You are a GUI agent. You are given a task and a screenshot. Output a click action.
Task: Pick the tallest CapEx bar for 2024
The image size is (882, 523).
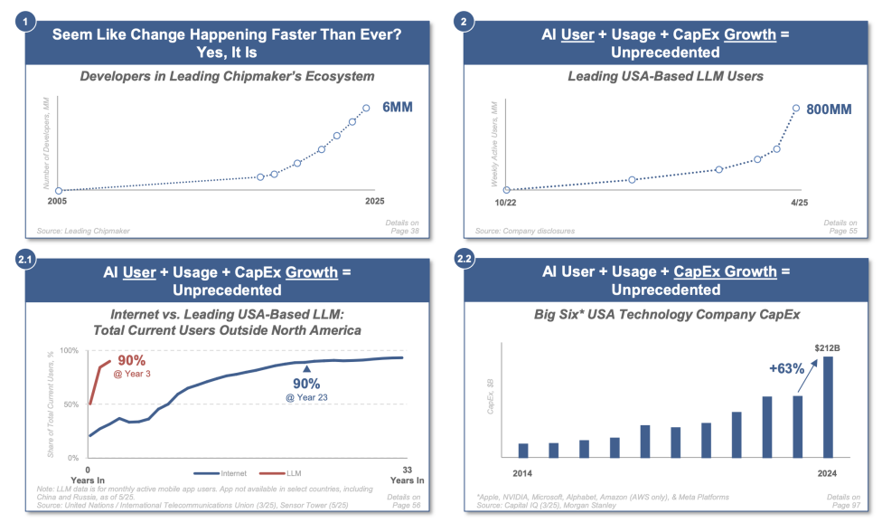pos(828,406)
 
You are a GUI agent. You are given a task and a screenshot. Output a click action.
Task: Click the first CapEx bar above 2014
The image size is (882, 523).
pos(523,450)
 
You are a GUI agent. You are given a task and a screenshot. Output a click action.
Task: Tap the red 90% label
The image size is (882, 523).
pos(132,360)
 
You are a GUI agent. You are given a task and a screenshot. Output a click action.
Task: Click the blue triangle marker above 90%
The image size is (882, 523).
pos(306,368)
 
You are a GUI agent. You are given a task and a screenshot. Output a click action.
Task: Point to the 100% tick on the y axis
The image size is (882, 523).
pos(68,350)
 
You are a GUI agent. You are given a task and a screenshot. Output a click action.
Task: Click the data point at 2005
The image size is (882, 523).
pos(58,191)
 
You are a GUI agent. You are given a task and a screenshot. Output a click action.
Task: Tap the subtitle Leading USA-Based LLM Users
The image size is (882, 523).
pos(665,76)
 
